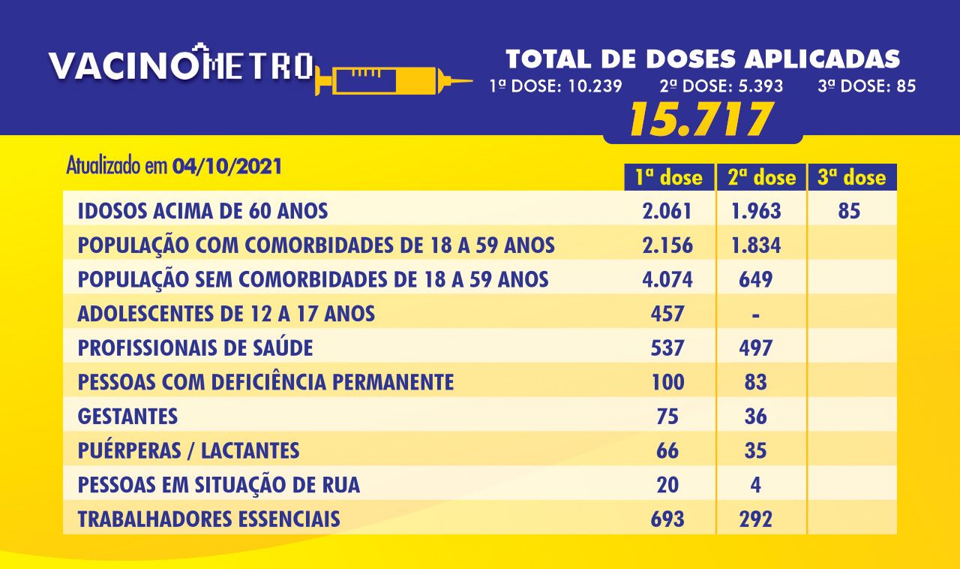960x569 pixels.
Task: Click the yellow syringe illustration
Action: tap(394, 80)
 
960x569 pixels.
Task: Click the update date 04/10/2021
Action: tap(227, 167)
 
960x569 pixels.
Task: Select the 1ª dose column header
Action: tap(669, 177)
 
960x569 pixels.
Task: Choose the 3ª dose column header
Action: tap(852, 177)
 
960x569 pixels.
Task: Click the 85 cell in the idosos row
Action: tap(850, 211)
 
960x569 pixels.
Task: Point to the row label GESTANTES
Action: tap(127, 416)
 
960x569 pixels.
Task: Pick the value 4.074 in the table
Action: tap(667, 280)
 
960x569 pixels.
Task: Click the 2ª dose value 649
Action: tap(755, 280)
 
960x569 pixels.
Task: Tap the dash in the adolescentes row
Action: tap(755, 316)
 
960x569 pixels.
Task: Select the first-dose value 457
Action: tap(667, 314)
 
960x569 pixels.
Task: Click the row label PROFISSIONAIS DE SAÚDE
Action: tap(196, 348)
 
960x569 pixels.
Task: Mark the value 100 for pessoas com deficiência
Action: tap(667, 382)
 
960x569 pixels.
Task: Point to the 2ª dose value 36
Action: tap(755, 416)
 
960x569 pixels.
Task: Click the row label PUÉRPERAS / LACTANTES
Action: tap(188, 450)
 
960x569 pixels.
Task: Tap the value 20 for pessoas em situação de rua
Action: tap(667, 485)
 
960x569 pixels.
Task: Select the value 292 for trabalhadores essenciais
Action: tap(755, 519)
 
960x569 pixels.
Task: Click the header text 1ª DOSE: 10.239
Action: tap(556, 86)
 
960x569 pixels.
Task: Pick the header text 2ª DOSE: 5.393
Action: tap(721, 86)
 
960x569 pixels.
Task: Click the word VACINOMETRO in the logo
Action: tap(181, 65)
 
